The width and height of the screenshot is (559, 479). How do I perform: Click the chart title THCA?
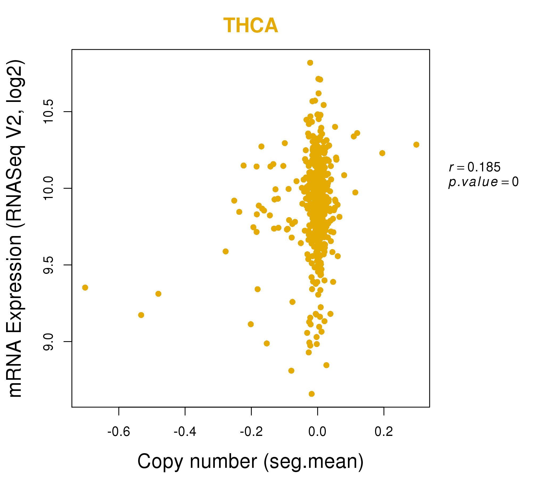point(250,26)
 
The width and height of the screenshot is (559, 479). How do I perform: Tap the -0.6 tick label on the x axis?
point(119,432)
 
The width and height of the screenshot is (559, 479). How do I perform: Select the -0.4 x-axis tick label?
point(185,432)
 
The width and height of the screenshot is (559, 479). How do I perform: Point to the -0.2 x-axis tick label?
point(251,432)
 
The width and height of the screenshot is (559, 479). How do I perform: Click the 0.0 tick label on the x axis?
point(317,432)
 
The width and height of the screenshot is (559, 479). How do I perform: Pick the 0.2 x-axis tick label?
point(384,432)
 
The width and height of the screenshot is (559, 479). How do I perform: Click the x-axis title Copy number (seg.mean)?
point(250,461)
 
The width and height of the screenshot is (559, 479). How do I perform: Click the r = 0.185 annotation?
point(475,167)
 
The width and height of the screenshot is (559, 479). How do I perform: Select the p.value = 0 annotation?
point(483,182)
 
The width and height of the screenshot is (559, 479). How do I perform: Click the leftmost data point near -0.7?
point(85,287)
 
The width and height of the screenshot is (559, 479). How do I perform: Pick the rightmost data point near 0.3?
point(416,144)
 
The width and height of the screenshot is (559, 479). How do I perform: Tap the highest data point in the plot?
point(310,63)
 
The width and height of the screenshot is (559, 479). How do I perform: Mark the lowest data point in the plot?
point(312,394)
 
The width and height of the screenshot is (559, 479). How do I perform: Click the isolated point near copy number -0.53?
point(141,315)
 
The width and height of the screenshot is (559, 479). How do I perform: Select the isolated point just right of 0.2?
point(382,153)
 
